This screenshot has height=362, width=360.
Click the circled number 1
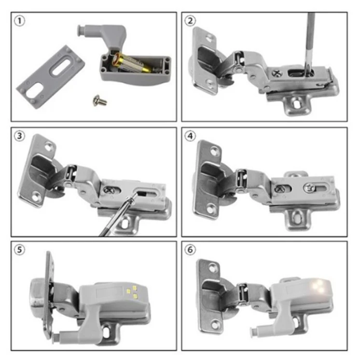[19, 21]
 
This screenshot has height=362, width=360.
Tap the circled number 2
[190, 21]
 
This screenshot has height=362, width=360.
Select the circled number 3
[19, 136]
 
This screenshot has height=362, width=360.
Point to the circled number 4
[190, 136]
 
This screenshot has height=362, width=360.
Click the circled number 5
[19, 250]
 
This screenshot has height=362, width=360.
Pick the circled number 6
[190, 250]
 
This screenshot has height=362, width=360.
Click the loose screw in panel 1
[100, 100]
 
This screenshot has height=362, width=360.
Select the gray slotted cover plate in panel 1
[51, 77]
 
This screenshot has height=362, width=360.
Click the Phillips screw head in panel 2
[277, 73]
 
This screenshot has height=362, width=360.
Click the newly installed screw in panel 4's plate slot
[309, 187]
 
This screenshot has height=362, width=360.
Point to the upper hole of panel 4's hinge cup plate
[215, 151]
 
